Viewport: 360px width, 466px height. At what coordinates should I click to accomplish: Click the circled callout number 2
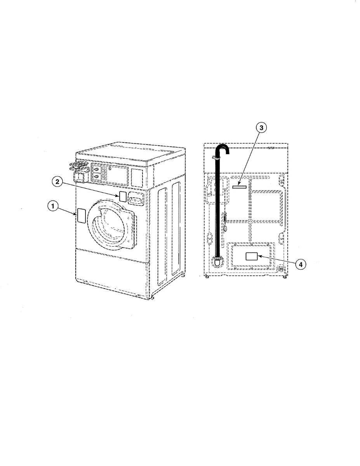pos(57,181)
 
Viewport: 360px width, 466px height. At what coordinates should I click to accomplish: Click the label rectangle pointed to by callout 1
pos(81,215)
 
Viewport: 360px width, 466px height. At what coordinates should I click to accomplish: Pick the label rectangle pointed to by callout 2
pos(122,196)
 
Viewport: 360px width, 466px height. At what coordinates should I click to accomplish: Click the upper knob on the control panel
pos(96,169)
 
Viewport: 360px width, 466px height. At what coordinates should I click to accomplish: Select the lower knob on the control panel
pos(96,177)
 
